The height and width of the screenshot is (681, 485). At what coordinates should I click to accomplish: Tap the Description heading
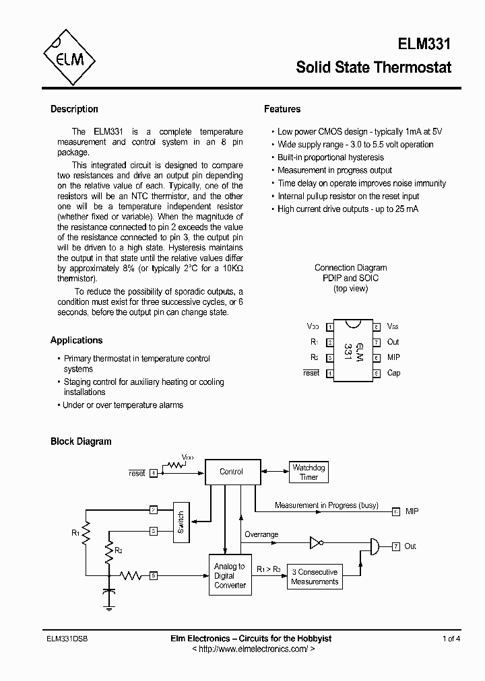point(74,109)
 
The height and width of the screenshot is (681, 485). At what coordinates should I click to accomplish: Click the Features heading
point(282,109)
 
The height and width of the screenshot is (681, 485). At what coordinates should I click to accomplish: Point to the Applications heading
point(77,340)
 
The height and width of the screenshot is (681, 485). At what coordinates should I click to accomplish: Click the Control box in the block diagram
point(231,472)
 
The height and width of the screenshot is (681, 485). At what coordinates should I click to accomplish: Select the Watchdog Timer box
point(309,472)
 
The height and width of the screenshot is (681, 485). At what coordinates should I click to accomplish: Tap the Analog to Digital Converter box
point(230,575)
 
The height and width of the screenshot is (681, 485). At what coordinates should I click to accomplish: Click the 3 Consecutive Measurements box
point(315,576)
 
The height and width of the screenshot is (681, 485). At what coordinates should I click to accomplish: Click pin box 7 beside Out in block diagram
point(396,546)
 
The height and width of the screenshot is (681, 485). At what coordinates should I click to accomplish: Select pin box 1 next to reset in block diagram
point(154,473)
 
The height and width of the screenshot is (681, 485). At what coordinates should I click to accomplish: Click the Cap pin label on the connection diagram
point(393,373)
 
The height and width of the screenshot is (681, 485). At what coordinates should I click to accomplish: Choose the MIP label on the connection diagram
point(393,357)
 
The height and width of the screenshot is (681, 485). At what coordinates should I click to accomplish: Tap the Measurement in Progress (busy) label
point(327,505)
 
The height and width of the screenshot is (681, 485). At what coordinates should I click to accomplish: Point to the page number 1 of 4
point(451,638)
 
